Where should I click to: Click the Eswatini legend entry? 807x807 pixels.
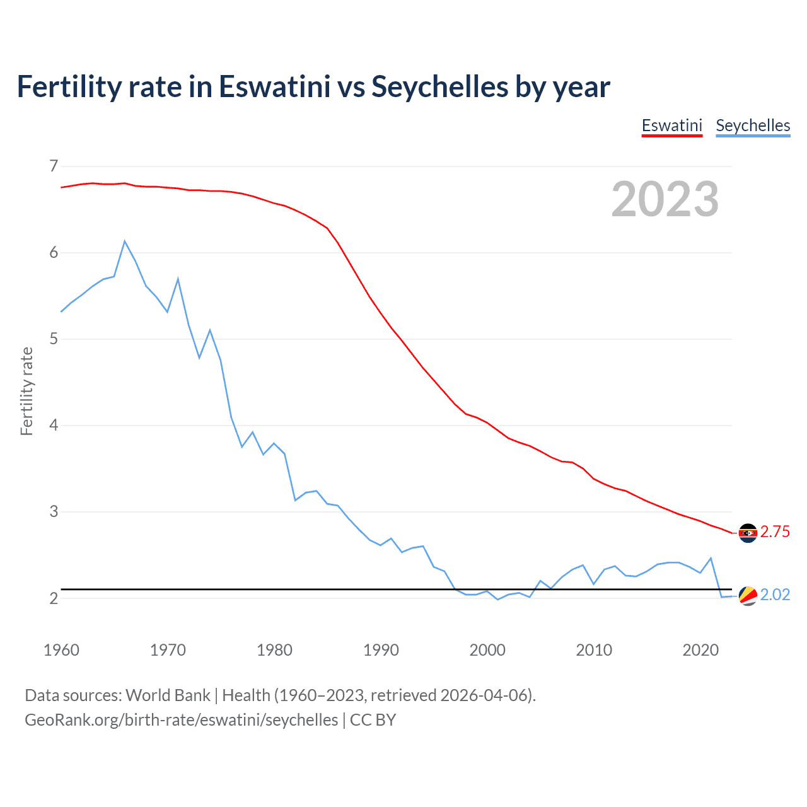point(671,125)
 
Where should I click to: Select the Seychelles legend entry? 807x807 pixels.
point(753,125)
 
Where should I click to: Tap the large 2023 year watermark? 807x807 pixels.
point(665,199)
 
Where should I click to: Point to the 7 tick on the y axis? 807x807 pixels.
point(54,166)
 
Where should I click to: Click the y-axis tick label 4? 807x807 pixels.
point(54,426)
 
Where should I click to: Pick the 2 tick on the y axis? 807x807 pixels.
point(54,598)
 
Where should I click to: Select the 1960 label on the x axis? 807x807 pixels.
point(61,650)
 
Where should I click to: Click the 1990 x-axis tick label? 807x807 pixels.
point(381,650)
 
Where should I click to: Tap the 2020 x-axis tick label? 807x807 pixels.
point(700,650)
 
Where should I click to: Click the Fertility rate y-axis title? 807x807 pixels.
point(26,391)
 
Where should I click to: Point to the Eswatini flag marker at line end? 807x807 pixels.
point(748,533)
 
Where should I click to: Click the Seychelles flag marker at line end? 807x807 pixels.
point(748,595)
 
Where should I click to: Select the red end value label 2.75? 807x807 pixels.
point(775,532)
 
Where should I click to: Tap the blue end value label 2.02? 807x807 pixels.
point(775,595)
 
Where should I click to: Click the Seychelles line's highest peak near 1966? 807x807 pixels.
point(125,241)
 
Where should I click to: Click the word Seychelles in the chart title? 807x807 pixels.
point(439,87)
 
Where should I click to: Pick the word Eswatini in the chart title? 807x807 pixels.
point(274,87)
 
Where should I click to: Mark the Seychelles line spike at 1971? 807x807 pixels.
point(178,279)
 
